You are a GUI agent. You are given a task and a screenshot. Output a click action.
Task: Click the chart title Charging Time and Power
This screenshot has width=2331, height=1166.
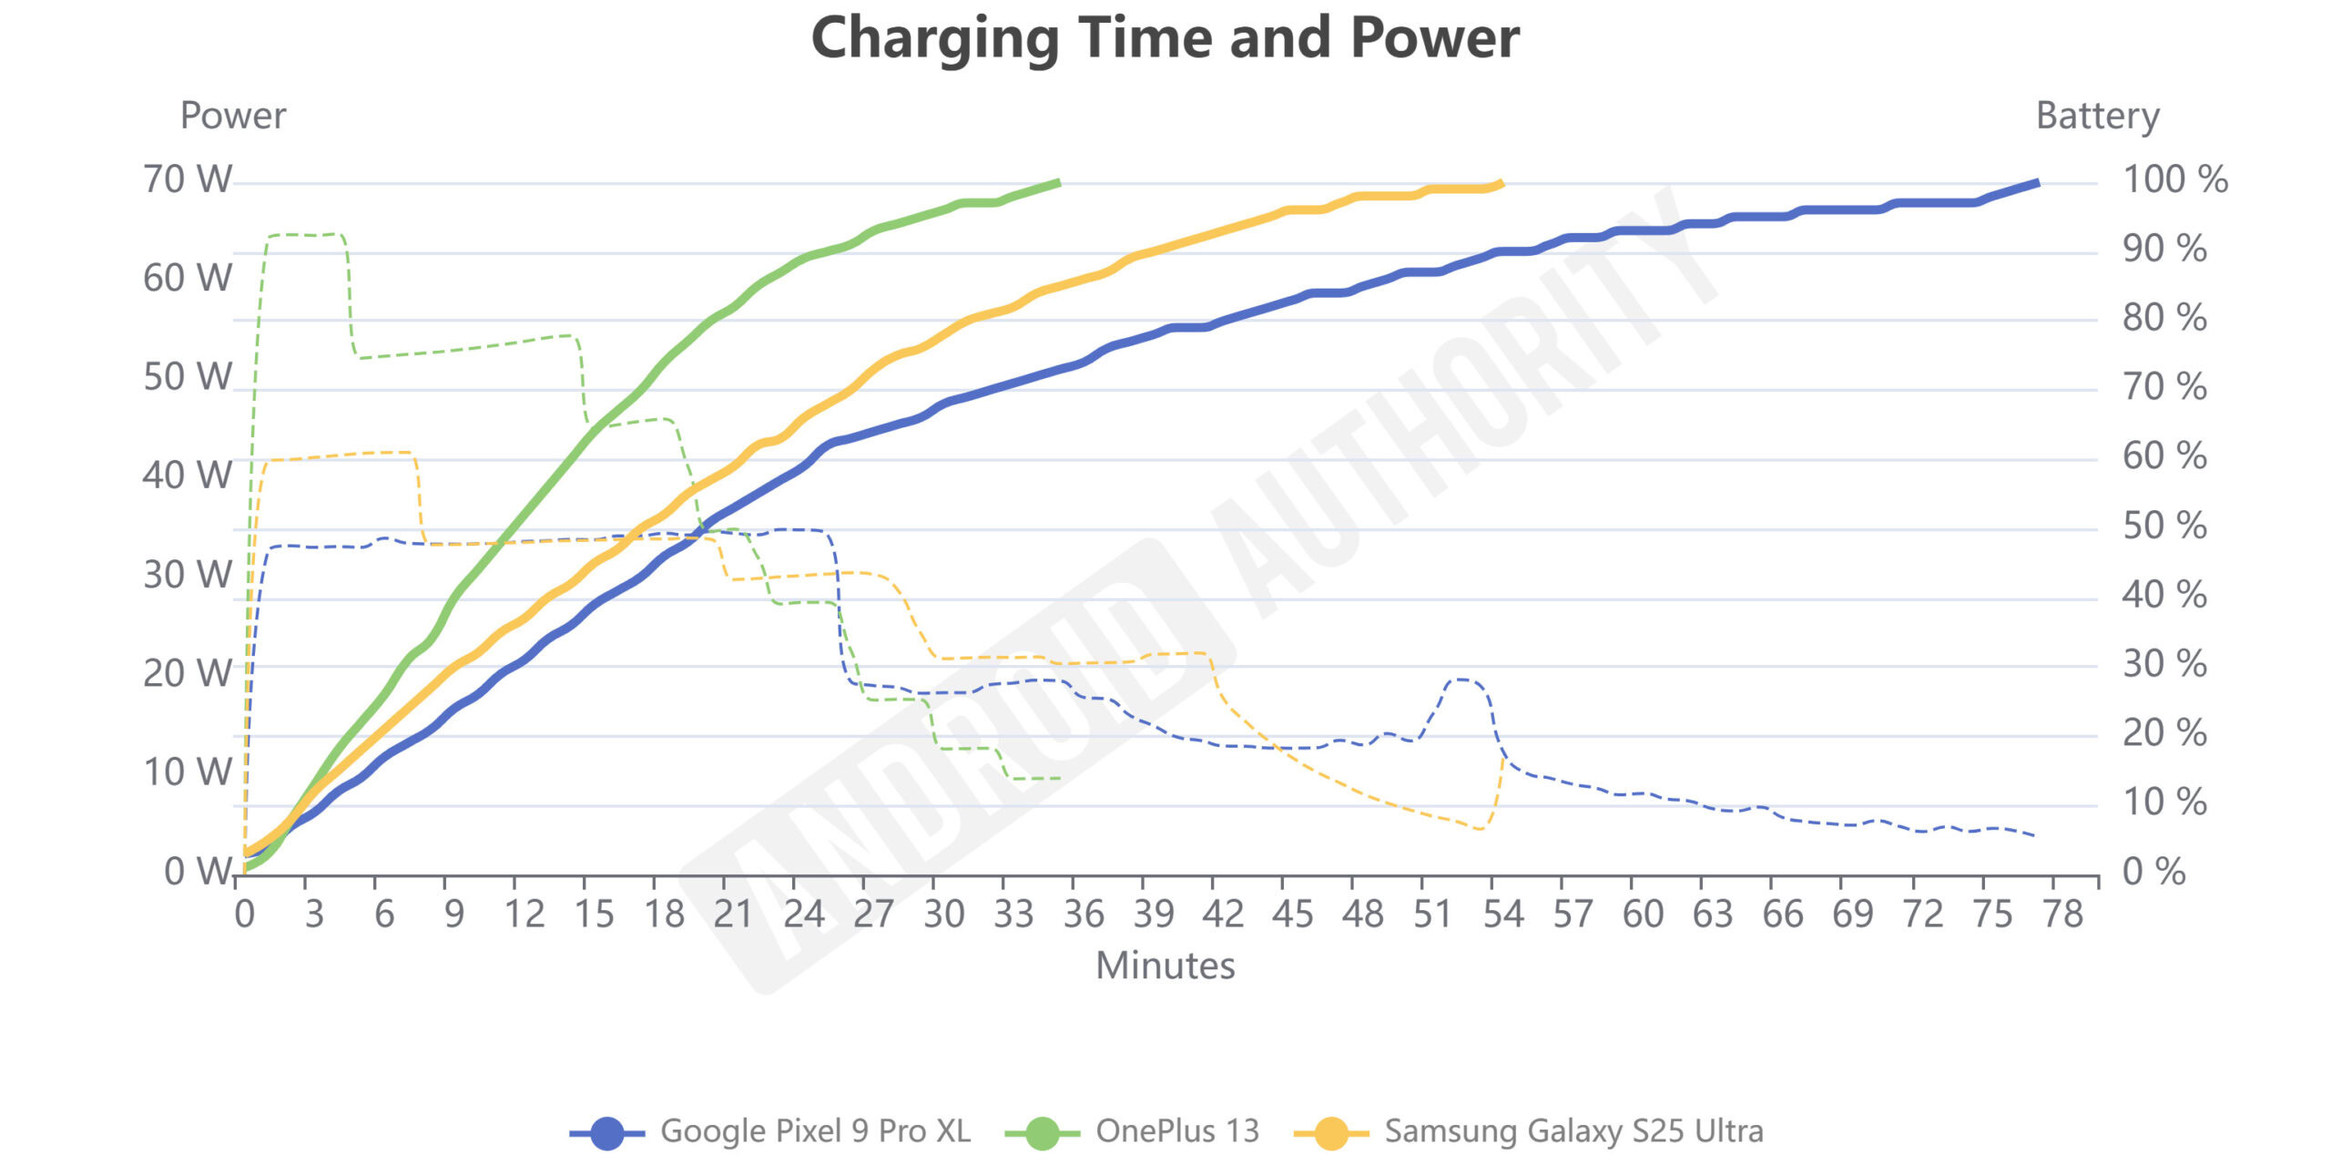pyautogui.click(x=1165, y=38)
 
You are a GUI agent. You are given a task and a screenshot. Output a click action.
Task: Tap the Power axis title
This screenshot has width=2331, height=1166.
pyautogui.click(x=233, y=116)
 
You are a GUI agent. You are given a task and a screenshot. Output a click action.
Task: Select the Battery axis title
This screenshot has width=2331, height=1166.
pyautogui.click(x=2097, y=116)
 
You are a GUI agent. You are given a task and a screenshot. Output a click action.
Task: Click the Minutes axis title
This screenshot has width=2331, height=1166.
pyautogui.click(x=1165, y=966)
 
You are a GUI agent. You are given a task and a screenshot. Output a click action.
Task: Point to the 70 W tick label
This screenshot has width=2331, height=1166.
pyautogui.click(x=188, y=179)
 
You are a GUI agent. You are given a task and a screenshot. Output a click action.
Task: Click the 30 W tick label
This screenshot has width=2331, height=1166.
pyautogui.click(x=188, y=575)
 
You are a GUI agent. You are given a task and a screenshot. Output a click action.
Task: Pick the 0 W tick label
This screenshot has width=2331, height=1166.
pyautogui.click(x=198, y=872)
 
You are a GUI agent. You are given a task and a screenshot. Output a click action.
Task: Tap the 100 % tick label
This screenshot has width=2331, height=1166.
pyautogui.click(x=2174, y=179)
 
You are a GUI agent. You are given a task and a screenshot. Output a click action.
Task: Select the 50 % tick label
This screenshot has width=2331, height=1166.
pyautogui.click(x=2163, y=526)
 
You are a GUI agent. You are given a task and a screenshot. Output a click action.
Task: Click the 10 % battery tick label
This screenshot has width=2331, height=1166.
pyautogui.click(x=2163, y=803)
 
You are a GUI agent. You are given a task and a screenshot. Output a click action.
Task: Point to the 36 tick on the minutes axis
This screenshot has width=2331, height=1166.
pyautogui.click(x=1084, y=914)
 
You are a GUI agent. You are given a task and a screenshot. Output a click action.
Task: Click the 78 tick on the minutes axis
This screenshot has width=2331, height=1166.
pyautogui.click(x=2062, y=914)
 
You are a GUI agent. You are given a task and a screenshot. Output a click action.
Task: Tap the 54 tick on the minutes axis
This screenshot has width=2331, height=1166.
pyautogui.click(x=1502, y=914)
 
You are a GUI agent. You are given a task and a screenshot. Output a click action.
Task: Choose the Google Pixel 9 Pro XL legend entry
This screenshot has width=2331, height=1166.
pyautogui.click(x=770, y=1131)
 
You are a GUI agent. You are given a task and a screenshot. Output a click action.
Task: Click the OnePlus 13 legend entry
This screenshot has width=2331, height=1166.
pyautogui.click(x=1133, y=1131)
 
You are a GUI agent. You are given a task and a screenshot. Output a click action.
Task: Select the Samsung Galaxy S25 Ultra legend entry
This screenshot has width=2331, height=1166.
pyautogui.click(x=1530, y=1131)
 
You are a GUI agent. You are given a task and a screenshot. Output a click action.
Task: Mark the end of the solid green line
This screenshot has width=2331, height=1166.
pyautogui.click(x=1059, y=182)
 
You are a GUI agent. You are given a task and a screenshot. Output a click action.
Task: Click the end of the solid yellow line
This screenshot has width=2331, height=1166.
pyautogui.click(x=1501, y=183)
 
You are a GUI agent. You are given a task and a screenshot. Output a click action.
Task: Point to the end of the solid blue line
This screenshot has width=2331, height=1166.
pyautogui.click(x=2038, y=183)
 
